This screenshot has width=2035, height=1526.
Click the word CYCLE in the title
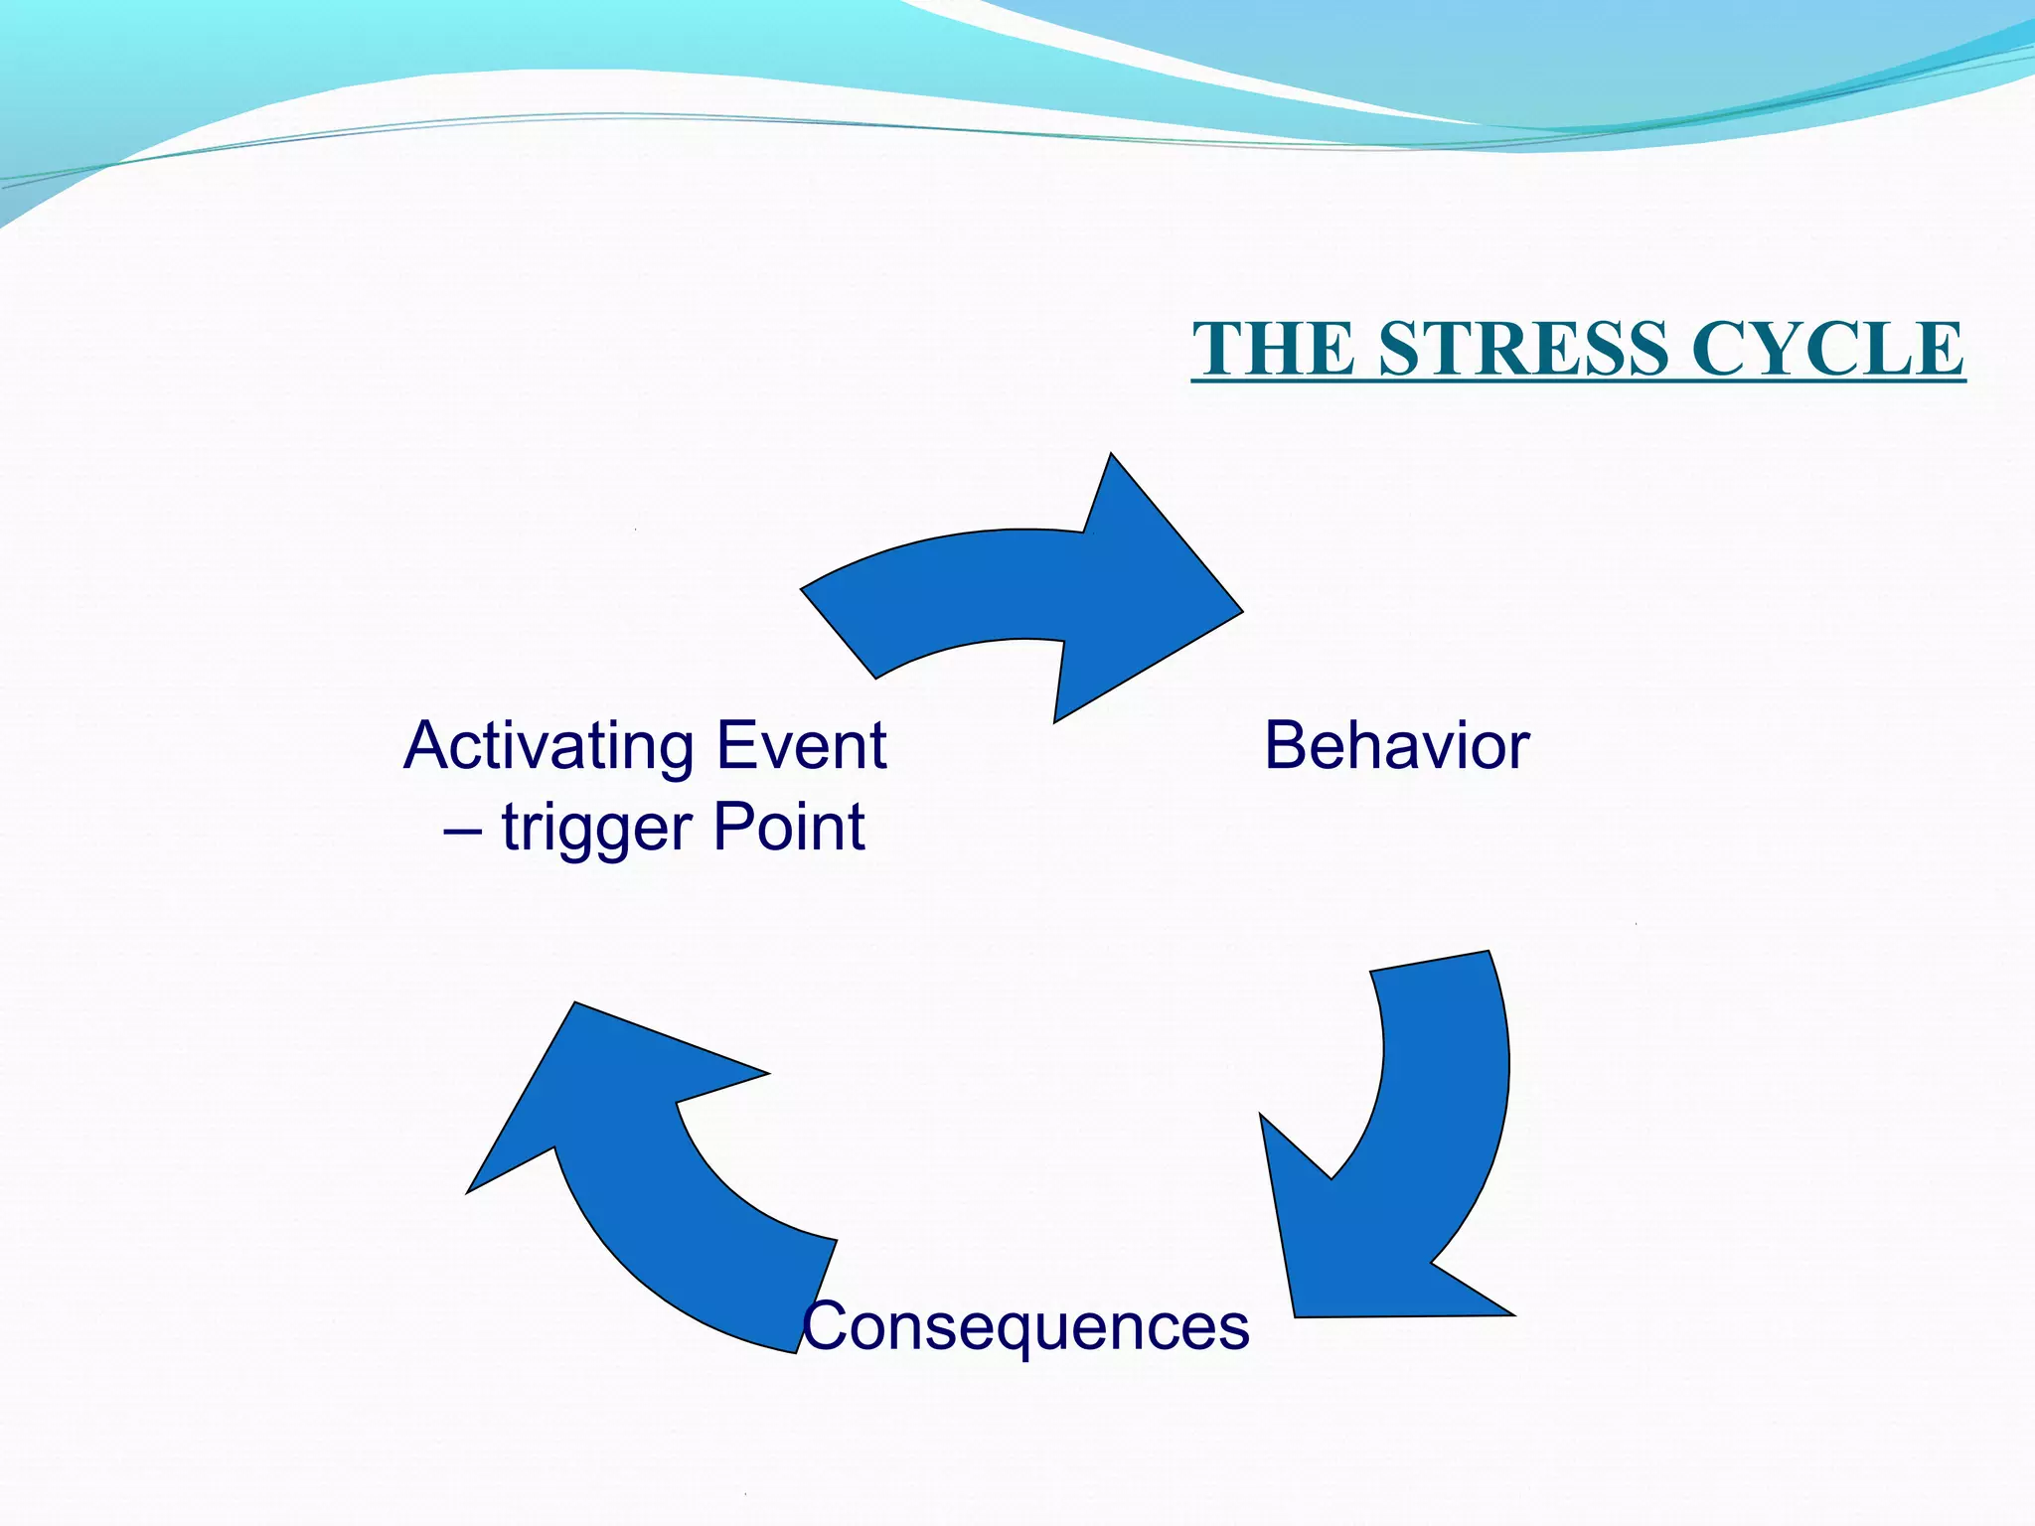(x=1827, y=349)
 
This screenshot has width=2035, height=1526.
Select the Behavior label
(x=1396, y=746)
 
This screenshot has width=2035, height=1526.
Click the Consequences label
(x=1025, y=1326)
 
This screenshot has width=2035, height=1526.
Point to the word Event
(x=801, y=746)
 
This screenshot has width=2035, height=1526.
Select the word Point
(x=789, y=828)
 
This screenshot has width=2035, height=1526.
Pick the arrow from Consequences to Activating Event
(x=656, y=1172)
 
